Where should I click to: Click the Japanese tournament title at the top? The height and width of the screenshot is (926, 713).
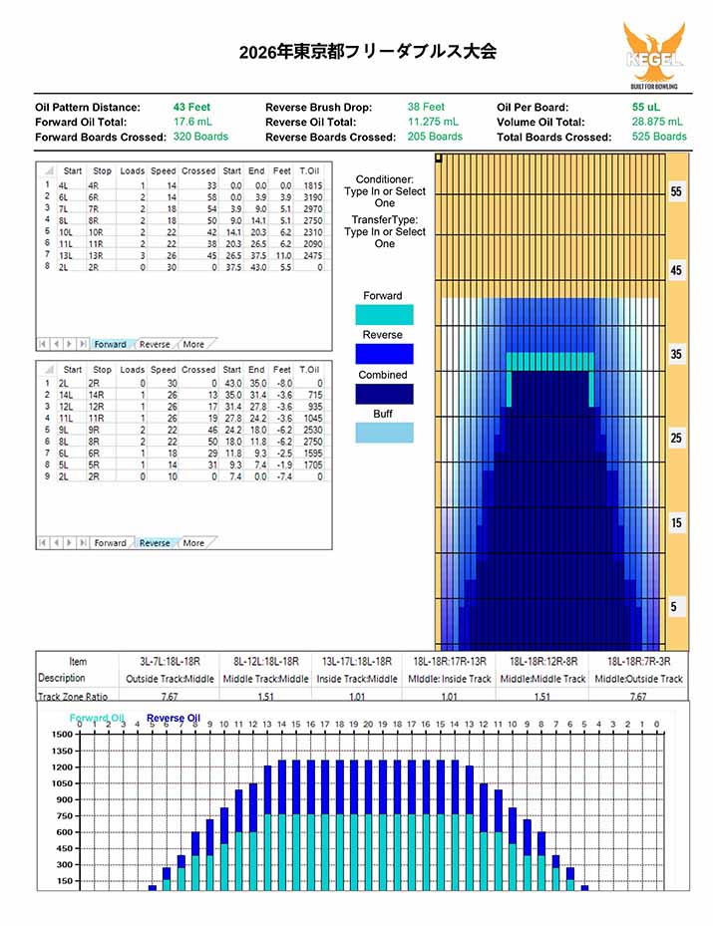[x=367, y=52]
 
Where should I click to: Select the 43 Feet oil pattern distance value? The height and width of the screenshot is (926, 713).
[x=191, y=107]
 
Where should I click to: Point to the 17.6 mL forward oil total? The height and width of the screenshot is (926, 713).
[x=191, y=122]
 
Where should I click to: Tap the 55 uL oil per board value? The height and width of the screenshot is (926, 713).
[x=646, y=107]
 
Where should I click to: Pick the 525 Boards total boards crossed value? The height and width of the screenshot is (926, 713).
[x=659, y=137]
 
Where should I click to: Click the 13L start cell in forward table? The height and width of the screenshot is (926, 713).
[x=69, y=254]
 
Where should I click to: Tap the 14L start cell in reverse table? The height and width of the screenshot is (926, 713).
[x=69, y=395]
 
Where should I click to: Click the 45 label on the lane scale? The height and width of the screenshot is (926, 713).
[x=676, y=271]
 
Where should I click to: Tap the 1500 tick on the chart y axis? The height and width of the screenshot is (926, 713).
[x=61, y=734]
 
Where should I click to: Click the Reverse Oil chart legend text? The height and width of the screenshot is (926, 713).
[x=174, y=718]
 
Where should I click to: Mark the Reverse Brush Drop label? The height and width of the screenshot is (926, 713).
[x=318, y=107]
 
